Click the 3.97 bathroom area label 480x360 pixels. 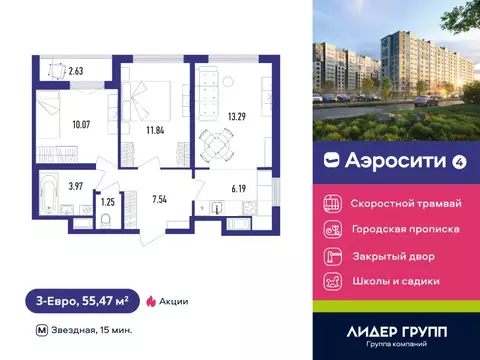(x=48, y=185)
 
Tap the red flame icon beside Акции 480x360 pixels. (x=151, y=300)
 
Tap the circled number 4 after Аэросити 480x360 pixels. (x=431, y=158)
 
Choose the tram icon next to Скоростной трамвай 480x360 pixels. (x=333, y=202)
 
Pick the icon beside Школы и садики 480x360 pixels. (x=333, y=281)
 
